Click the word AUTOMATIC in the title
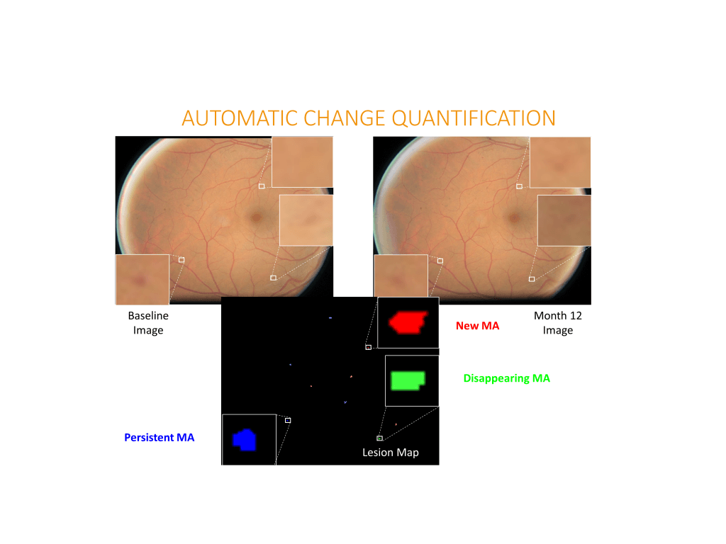coord(240,118)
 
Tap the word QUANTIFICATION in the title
coord(474,118)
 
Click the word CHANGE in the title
coord(345,118)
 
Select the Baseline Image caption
coord(148,323)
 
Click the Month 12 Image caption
coord(557,323)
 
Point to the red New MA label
coord(477,326)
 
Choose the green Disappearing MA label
coord(506,378)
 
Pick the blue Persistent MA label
coord(160,438)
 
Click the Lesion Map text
coord(391,453)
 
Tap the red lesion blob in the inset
coord(408,322)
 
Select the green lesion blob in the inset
coord(408,380)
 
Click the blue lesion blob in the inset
coord(245,440)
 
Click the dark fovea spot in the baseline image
coord(256,217)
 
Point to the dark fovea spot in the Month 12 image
coord(514,217)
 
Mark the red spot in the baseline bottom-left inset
coord(138,280)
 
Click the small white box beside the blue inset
coord(288,421)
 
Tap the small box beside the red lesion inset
coord(368,347)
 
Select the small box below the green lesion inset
coord(380,438)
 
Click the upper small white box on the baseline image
coord(262,186)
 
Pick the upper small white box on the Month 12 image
coord(519,186)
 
